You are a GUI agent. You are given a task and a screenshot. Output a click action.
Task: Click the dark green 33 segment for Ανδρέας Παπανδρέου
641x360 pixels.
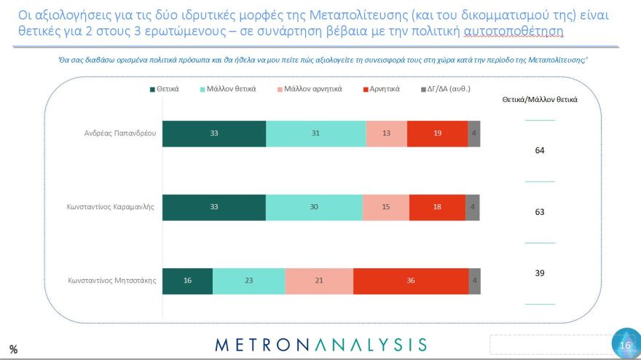[213, 134]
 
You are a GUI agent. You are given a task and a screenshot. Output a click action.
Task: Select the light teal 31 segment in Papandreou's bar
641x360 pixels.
[315, 134]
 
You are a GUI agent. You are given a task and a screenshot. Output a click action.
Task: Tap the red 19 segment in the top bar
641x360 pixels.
[437, 134]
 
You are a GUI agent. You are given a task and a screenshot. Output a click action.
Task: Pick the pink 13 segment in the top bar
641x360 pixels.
[386, 134]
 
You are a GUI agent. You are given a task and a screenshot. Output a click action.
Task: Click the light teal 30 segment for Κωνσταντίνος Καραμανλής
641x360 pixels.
[314, 207]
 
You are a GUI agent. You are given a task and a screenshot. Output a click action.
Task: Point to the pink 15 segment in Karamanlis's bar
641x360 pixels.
[386, 207]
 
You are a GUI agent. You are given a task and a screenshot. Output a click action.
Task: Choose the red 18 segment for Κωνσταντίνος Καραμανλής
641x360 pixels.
[437, 207]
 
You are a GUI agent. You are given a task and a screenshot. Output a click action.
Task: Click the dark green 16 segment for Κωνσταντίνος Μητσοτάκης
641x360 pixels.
[187, 281]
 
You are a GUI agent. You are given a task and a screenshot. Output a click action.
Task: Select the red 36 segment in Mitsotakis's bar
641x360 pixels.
[411, 281]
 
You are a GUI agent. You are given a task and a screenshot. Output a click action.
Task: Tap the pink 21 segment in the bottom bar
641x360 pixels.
[319, 281]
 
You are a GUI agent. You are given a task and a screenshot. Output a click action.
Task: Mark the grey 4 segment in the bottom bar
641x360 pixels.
[475, 281]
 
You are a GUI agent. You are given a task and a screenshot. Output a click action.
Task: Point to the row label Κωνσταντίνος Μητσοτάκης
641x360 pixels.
[112, 281]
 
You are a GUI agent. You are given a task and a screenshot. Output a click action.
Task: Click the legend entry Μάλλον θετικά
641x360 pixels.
[229, 89]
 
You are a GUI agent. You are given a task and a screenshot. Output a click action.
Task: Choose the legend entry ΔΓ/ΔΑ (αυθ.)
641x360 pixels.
[445, 89]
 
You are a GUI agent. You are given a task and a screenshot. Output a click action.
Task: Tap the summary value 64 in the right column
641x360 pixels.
[539, 150]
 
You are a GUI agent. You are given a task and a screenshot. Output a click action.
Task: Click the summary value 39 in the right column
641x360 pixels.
[539, 273]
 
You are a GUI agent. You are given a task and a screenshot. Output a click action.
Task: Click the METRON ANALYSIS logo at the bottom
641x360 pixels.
[320, 344]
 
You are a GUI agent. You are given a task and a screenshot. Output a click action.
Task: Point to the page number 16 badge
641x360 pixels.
[625, 345]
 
